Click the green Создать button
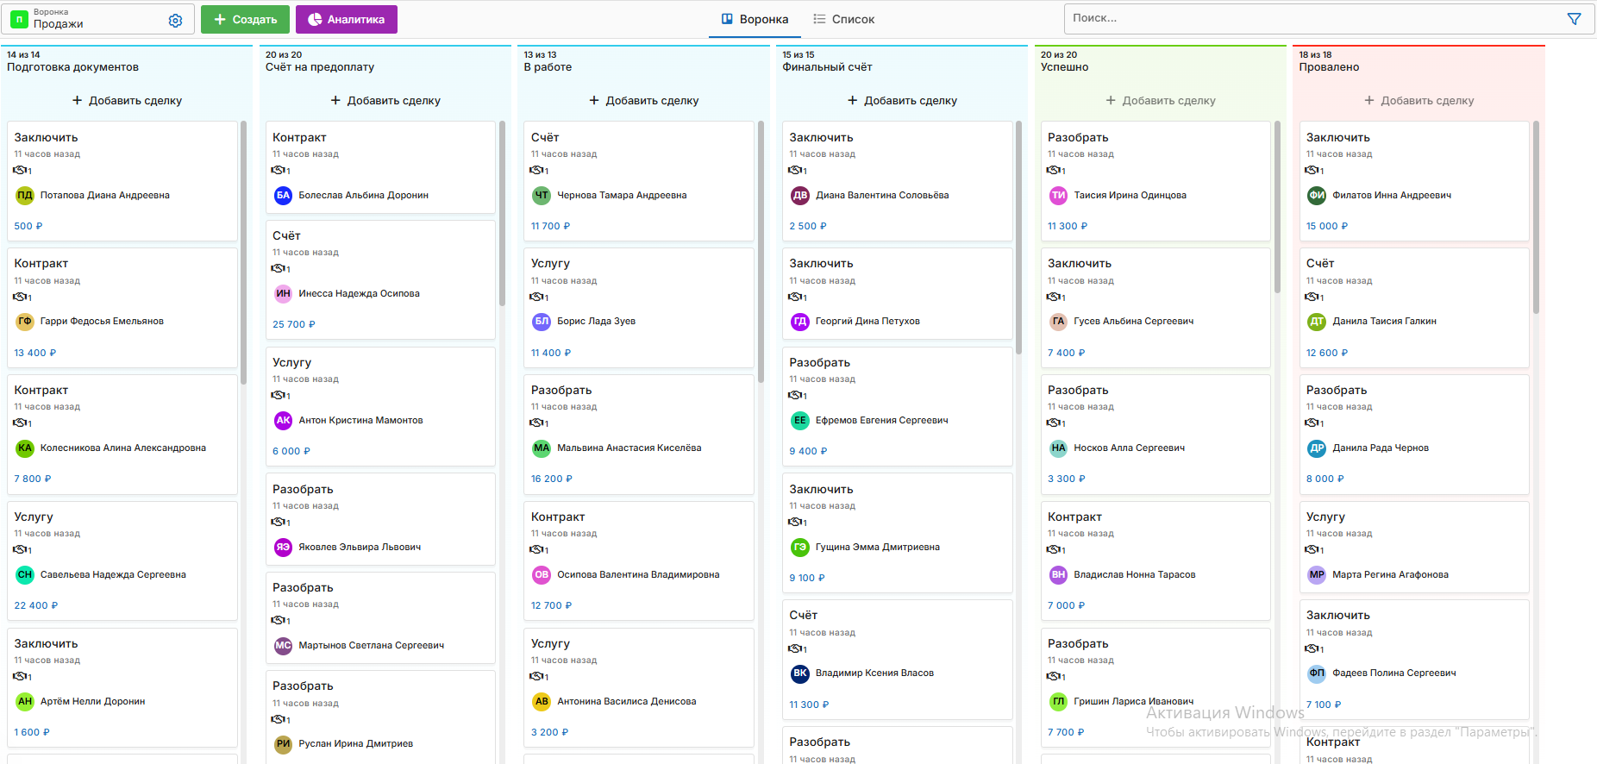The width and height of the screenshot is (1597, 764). (x=245, y=19)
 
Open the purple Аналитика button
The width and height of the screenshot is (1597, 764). (x=346, y=19)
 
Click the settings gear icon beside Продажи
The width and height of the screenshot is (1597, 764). (x=175, y=20)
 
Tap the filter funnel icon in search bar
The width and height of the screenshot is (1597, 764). (x=1574, y=19)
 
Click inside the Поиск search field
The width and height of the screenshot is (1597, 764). (x=1311, y=18)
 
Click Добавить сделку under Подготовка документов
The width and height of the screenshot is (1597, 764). (x=127, y=101)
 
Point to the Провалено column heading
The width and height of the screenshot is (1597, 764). (x=1329, y=67)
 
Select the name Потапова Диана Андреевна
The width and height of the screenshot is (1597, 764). (x=104, y=196)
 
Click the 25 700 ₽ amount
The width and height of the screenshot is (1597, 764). (x=294, y=325)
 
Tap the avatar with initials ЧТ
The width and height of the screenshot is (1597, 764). (x=542, y=196)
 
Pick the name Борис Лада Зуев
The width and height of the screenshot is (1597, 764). (x=596, y=322)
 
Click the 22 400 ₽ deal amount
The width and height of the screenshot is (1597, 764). (x=36, y=606)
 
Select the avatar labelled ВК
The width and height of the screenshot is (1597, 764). (x=800, y=673)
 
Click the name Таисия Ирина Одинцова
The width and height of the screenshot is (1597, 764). (x=1130, y=196)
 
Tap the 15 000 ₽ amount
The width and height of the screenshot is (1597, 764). (x=1326, y=227)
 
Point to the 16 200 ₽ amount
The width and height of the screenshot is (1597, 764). (x=552, y=479)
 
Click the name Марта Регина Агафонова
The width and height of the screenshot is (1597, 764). (x=1390, y=575)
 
